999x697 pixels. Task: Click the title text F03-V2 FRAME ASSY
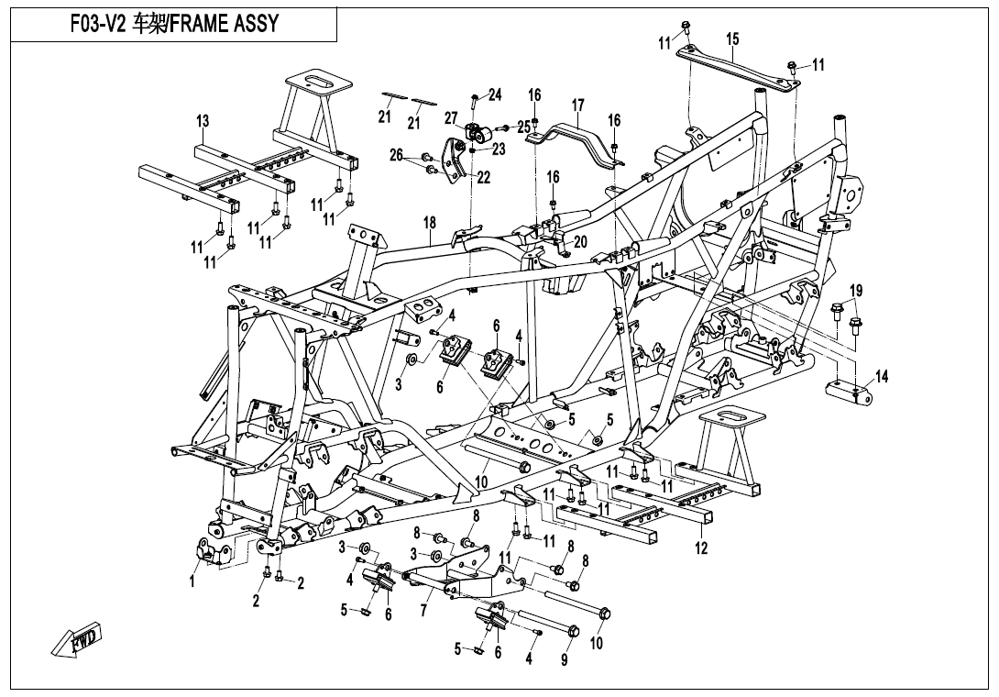pos(173,24)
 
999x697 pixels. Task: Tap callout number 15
pos(732,39)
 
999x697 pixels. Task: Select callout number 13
pos(203,121)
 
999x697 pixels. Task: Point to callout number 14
pos(882,376)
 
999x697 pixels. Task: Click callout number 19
pos(856,292)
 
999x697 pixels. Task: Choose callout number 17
pos(578,105)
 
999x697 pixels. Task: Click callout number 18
pos(430,223)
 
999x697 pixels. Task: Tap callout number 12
pos(701,548)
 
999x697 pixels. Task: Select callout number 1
pos(192,581)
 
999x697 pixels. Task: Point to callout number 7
pos(424,609)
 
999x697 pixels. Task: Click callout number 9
pos(565,659)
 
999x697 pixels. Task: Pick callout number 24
pos(495,94)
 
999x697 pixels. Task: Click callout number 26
pos(396,155)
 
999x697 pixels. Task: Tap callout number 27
pos(451,117)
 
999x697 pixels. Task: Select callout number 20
pos(579,241)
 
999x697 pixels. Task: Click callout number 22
pos(484,178)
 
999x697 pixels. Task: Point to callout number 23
pos(499,149)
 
